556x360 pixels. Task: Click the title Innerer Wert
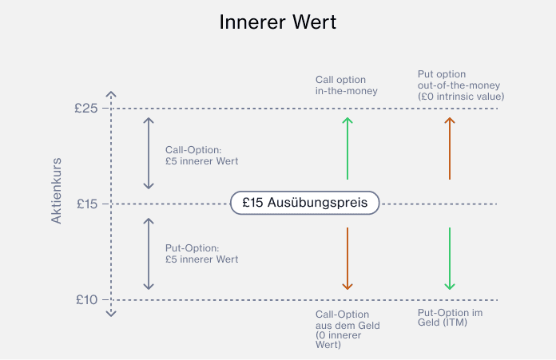click(278, 22)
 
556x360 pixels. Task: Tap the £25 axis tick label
click(85, 108)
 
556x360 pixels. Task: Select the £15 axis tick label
click(85, 204)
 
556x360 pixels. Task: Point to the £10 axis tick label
click(85, 299)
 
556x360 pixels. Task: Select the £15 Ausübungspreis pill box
click(304, 203)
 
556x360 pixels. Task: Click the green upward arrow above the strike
click(347, 148)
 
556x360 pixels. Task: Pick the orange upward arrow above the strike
click(450, 148)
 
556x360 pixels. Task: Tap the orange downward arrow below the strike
click(347, 259)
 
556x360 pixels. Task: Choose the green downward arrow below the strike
click(450, 259)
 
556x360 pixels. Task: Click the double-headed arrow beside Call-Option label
click(148, 153)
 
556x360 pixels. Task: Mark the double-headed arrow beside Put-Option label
click(148, 254)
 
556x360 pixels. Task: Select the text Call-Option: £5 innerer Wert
click(201, 155)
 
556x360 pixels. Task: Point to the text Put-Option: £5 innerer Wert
click(201, 254)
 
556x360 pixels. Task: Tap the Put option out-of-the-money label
click(461, 85)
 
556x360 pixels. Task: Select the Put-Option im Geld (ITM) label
click(451, 318)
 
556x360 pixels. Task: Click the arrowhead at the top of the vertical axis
click(112, 93)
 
